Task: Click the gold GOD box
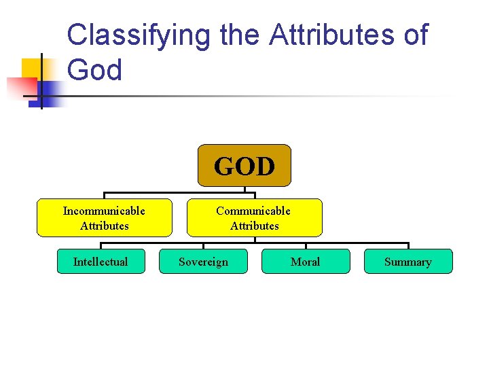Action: point(244,165)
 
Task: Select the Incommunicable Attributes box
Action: point(104,217)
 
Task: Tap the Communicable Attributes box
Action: point(254,217)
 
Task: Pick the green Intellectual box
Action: point(101,262)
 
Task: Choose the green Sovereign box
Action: point(203,262)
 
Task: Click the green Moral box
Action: point(306,262)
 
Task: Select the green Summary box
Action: point(407,262)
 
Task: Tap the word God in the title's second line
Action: point(95,70)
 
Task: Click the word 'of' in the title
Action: point(415,35)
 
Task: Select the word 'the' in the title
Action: point(239,35)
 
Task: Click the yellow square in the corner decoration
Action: point(33,69)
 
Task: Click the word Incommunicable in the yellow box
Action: point(104,211)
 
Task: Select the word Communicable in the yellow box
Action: point(253,211)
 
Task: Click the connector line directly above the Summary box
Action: point(408,246)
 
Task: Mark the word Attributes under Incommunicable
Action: point(104,226)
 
